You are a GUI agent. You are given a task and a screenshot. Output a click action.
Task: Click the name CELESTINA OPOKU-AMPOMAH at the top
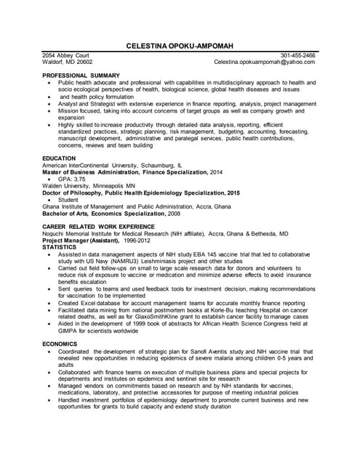180,46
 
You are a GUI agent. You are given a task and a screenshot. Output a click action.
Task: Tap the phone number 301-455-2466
297,55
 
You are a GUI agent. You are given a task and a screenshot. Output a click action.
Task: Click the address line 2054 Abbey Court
65,55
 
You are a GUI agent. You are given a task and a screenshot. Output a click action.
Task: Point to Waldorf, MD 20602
67,62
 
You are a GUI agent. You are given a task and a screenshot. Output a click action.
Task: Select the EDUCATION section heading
59,158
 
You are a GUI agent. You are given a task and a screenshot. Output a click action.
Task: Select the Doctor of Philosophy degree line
141,193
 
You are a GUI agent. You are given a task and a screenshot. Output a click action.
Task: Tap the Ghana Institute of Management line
136,206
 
